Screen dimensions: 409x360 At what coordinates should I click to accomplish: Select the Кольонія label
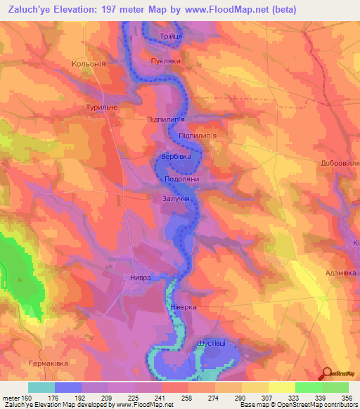click(89, 64)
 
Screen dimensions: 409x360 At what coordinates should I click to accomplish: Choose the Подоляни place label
click(182, 179)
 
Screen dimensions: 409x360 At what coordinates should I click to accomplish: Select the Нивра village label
click(140, 278)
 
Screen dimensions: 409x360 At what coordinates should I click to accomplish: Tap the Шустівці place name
click(210, 342)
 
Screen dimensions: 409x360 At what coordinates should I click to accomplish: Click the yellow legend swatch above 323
click(281, 387)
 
